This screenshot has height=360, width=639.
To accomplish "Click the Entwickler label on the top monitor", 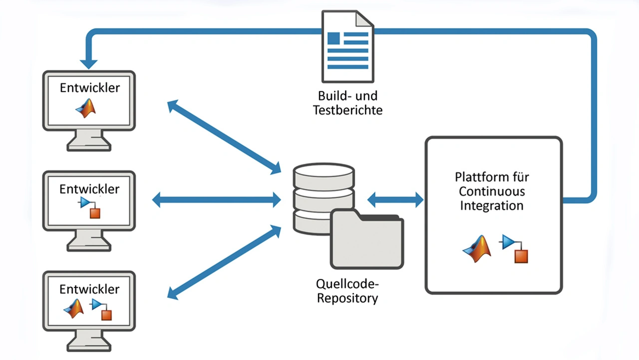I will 90,88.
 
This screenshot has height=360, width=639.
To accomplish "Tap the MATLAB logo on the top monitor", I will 86,108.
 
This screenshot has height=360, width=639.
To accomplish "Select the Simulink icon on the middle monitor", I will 90,207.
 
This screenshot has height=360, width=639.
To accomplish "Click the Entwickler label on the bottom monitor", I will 89,289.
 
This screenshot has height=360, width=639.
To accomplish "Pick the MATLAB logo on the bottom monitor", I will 74,309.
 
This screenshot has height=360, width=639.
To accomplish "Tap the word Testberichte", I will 348,110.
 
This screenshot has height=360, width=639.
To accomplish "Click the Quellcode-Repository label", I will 348,291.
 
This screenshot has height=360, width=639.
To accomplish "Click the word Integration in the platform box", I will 492,205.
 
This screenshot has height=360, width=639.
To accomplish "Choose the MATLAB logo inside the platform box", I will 477,249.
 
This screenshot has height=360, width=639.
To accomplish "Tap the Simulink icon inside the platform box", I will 515,249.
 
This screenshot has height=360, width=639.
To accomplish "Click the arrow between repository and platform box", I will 395,200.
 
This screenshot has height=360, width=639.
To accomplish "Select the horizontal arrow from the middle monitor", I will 216,200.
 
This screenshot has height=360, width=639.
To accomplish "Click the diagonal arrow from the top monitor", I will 224,137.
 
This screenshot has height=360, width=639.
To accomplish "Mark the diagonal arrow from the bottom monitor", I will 224,262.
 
